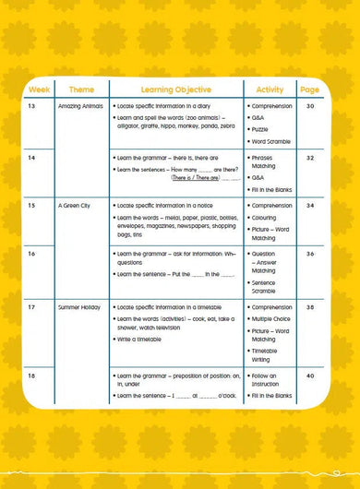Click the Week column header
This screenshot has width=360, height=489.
pos(39,89)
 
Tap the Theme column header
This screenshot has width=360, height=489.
pos(81,89)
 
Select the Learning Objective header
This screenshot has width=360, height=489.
pos(175,89)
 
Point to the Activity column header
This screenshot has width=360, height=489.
pos(270,89)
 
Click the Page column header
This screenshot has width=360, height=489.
pos(309,89)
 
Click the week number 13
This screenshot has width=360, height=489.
pos(32,107)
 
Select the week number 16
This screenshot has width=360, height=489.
pos(32,253)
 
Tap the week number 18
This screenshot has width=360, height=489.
pos(32,376)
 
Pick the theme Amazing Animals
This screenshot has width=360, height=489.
pos(80,107)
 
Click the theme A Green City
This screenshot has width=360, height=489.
pos(74,206)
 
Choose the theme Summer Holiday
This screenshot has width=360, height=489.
pos(79,306)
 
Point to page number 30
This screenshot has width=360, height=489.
pos(310,107)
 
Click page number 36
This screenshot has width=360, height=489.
pos(310,253)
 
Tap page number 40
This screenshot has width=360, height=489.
pos(310,376)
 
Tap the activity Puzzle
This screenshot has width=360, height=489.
pos(264,130)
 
